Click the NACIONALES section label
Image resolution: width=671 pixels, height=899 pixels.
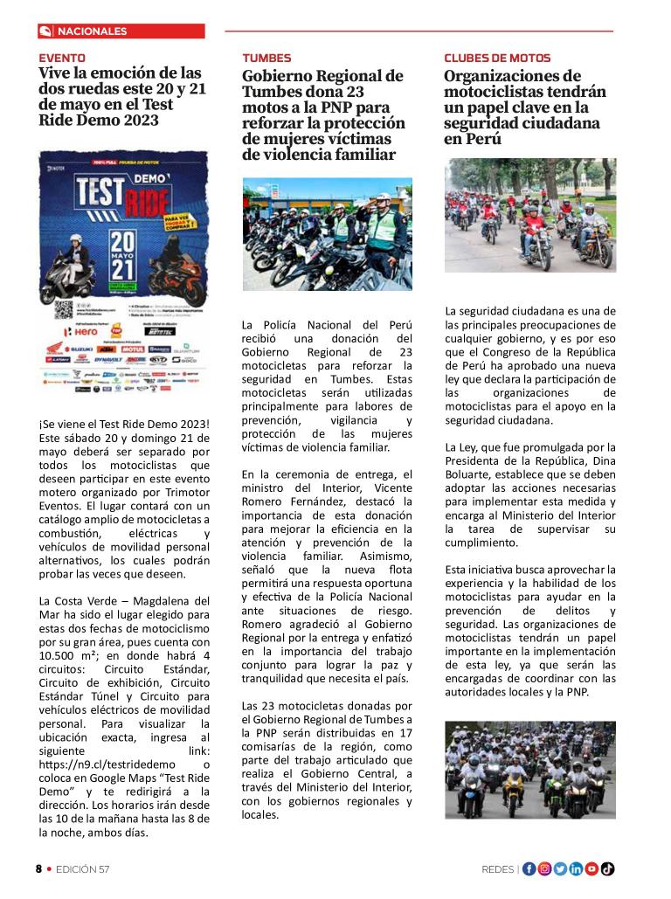point(92,31)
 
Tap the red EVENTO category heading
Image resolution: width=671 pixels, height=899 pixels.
point(62,58)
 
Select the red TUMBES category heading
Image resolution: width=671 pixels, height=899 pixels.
point(266,58)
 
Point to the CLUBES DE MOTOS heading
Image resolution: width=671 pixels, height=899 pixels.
point(497,58)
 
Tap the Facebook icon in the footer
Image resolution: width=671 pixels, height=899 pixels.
point(529,868)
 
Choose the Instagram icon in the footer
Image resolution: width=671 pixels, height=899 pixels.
point(545,868)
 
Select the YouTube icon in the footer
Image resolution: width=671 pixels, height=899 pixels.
point(591,868)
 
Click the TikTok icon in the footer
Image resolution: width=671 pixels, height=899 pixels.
point(607,868)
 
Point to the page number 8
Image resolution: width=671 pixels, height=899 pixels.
point(38,869)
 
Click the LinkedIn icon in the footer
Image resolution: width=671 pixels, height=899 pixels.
point(576,868)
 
